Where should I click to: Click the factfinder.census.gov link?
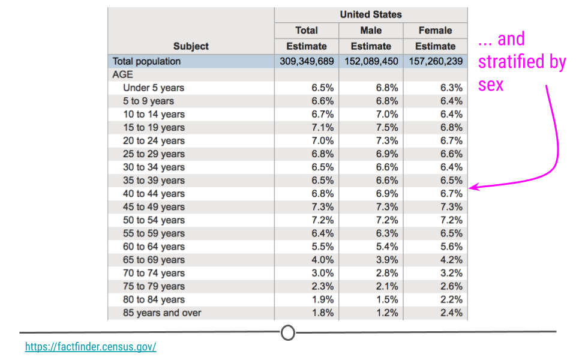click(x=91, y=346)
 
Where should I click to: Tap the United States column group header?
click(x=371, y=14)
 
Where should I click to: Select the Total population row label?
click(x=146, y=61)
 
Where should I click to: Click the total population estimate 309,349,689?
click(x=307, y=61)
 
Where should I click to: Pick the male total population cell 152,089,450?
click(x=371, y=61)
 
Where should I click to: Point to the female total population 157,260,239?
click(x=436, y=61)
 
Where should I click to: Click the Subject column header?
click(x=191, y=46)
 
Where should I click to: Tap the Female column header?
click(x=436, y=31)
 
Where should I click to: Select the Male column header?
click(x=371, y=31)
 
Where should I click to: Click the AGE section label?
click(x=122, y=74)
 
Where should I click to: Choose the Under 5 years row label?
click(x=154, y=88)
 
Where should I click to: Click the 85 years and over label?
click(x=162, y=313)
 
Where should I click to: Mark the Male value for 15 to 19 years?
click(x=387, y=127)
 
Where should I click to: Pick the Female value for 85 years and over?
click(x=451, y=313)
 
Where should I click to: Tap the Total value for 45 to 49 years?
click(x=323, y=207)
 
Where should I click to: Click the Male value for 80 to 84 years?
click(x=387, y=299)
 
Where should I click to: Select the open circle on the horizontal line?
click(x=288, y=332)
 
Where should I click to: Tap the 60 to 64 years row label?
click(x=154, y=247)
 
